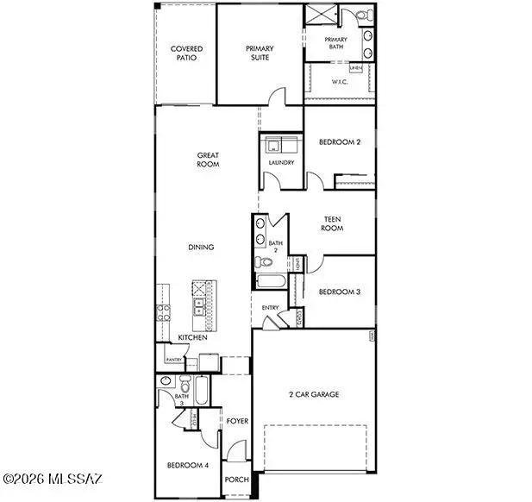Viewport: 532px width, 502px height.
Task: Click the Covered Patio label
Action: click(x=186, y=53)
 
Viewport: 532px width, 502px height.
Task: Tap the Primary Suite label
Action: click(x=259, y=53)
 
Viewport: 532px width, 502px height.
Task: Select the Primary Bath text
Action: click(x=336, y=45)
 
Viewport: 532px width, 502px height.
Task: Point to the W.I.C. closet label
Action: click(x=340, y=83)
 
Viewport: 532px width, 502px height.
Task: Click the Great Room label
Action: click(x=208, y=160)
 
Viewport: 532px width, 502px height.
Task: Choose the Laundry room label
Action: click(x=282, y=162)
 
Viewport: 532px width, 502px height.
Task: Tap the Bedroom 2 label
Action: click(x=339, y=142)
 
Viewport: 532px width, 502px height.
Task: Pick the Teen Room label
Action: click(x=332, y=223)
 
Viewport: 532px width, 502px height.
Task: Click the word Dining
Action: click(x=201, y=248)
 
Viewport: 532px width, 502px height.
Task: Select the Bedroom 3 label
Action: click(x=339, y=292)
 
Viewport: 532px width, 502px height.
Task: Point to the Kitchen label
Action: click(x=192, y=337)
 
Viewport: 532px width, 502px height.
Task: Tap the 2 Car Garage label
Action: click(x=313, y=394)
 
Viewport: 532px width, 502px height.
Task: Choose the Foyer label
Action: click(x=237, y=421)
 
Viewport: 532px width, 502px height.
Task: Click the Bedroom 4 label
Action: click(x=187, y=467)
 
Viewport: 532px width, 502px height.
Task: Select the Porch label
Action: click(x=235, y=480)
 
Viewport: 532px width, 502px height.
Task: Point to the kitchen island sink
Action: click(x=199, y=303)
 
